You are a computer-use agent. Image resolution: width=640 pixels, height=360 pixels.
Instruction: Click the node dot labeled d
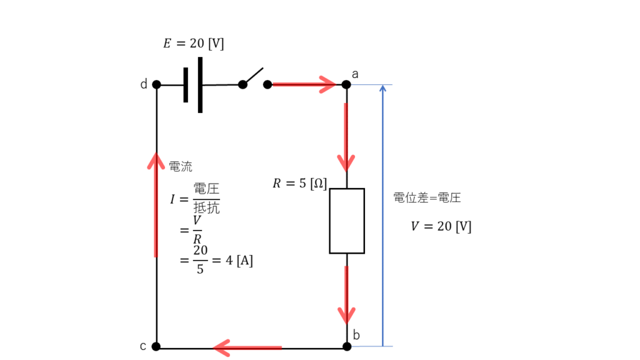(x=156, y=84)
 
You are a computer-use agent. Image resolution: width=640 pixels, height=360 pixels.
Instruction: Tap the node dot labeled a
(x=347, y=84)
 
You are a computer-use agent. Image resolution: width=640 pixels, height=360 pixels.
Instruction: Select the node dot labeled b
(x=347, y=346)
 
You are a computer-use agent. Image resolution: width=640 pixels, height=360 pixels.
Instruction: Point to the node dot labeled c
(x=156, y=346)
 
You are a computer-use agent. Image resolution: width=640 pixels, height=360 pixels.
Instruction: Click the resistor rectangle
(x=347, y=221)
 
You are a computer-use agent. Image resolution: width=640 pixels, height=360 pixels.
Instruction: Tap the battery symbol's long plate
(x=200, y=85)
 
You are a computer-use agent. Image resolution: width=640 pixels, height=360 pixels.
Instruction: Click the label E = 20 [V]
(x=193, y=44)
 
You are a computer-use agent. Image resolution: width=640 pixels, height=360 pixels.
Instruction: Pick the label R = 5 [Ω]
(x=299, y=184)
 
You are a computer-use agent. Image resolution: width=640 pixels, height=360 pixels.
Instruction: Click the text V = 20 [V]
(x=441, y=226)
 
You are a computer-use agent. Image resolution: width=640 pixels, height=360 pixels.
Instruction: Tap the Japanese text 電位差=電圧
(x=427, y=198)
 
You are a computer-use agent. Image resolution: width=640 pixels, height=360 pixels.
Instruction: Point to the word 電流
(x=181, y=166)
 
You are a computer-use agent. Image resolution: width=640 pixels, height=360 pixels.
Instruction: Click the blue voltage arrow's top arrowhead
(x=383, y=89)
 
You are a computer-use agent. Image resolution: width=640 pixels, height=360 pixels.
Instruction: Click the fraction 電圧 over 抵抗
(x=206, y=199)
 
